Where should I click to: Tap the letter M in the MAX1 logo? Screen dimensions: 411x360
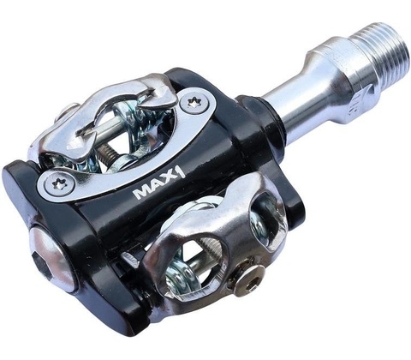coord(142,193)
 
